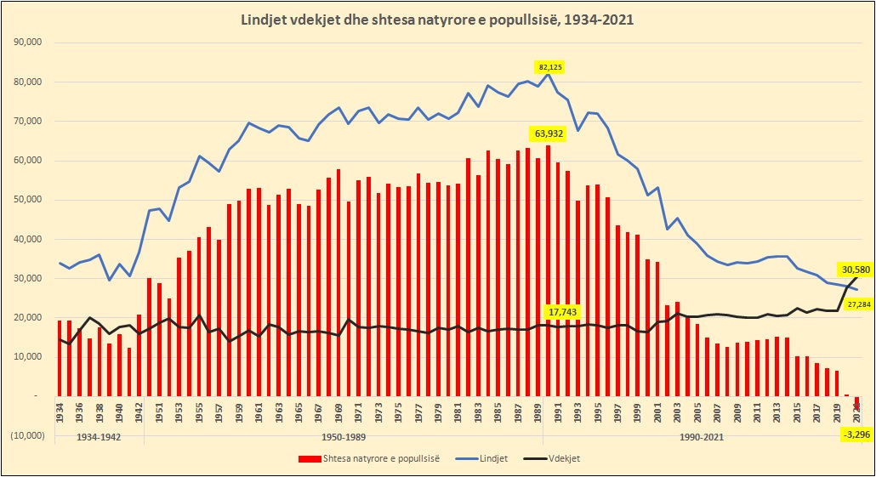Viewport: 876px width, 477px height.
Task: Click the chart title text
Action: click(438, 18)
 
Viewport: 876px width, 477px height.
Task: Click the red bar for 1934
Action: click(60, 358)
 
